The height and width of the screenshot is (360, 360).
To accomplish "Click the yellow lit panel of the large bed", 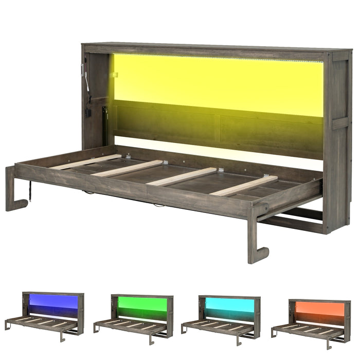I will point(216,85).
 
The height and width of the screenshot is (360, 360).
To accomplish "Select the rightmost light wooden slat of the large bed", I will point(244,186).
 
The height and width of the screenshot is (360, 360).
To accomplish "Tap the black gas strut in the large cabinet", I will point(105,123).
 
